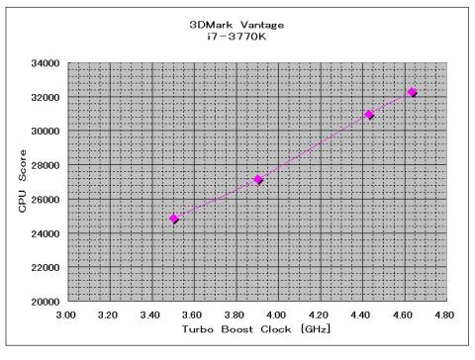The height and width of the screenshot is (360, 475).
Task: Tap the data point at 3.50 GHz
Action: [174, 219]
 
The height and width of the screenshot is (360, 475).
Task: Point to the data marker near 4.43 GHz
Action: [370, 115]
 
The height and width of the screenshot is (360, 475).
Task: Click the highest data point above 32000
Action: [412, 92]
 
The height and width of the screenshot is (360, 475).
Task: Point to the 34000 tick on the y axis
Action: [46, 62]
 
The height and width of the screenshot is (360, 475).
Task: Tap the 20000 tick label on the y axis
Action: [46, 301]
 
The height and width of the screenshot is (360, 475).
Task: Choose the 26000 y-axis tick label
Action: [46, 199]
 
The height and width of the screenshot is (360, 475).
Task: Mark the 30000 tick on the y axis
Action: [46, 131]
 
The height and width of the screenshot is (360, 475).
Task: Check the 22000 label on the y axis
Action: [46, 267]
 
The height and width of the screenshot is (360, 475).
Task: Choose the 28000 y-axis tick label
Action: [46, 165]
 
